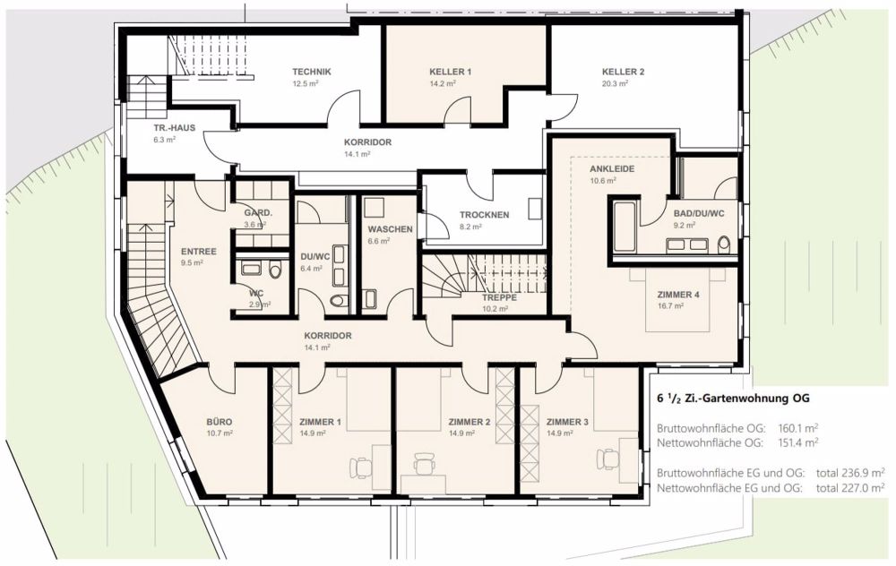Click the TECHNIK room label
312,72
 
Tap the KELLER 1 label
451,72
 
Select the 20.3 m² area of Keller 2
615,83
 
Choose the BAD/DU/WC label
699,214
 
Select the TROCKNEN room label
484,215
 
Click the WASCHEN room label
390,229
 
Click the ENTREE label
198,252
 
